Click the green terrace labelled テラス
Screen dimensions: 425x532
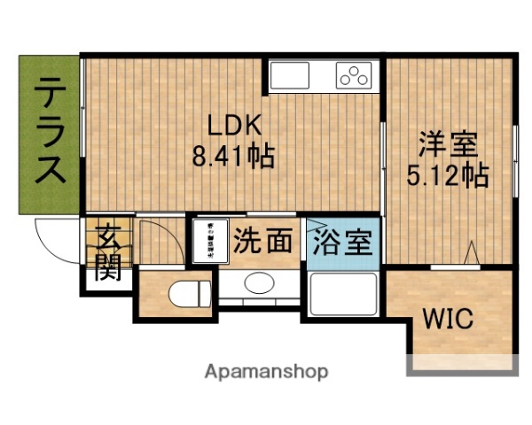coord(50,133)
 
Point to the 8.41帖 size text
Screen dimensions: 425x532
coord(232,157)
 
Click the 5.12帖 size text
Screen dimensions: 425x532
coord(449,175)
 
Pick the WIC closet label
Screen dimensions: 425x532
coord(447,318)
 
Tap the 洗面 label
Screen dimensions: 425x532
coord(263,241)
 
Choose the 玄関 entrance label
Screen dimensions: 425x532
coord(108,252)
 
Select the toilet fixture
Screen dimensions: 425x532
coord(191,292)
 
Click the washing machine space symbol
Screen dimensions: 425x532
coord(210,240)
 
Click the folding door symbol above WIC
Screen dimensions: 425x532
coord(471,254)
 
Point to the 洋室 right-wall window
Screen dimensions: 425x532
coord(515,155)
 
